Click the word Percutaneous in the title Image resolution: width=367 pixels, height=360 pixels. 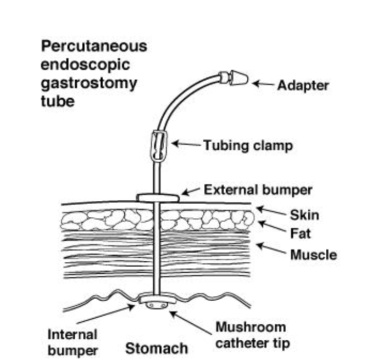pos(94,46)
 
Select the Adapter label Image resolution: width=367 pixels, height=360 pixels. pos(303,86)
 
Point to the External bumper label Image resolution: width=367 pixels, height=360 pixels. pos(258,190)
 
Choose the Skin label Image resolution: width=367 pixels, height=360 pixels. pos(304,215)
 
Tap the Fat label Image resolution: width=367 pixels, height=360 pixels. pos(301,234)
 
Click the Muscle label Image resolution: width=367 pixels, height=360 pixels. pos(313,255)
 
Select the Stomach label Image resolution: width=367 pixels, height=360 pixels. pos(157,348)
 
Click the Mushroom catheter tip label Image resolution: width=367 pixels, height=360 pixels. pos(252,335)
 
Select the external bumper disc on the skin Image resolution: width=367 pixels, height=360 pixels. pos(158,196)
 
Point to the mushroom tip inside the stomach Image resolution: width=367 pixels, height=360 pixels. pos(157,303)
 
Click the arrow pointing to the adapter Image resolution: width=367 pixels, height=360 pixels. pos(263,85)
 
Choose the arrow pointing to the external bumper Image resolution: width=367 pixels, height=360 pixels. pos(191,192)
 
